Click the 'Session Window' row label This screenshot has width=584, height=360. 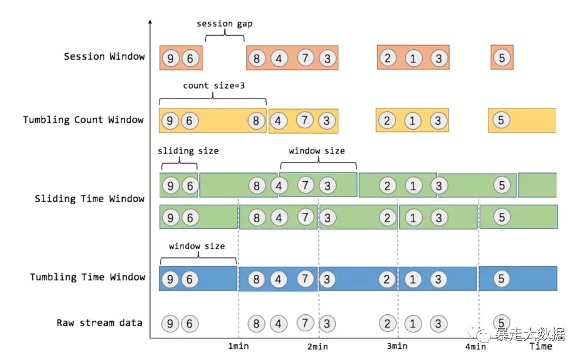click(x=104, y=57)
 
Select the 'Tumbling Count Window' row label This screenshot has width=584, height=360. click(x=83, y=120)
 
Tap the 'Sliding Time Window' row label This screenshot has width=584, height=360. click(x=89, y=199)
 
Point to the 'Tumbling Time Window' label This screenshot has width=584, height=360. click(x=87, y=277)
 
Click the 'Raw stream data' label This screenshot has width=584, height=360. click(x=100, y=323)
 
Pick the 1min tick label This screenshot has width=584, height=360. click(x=238, y=346)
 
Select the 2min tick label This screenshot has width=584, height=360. click(x=317, y=347)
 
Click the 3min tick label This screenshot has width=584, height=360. click(x=397, y=346)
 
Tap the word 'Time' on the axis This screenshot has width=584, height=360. click(x=541, y=346)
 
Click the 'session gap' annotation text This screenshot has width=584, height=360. click(x=225, y=24)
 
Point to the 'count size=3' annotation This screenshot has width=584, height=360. click(x=214, y=86)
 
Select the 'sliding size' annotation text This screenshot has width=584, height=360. click(x=188, y=151)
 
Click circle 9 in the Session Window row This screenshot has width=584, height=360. click(x=170, y=58)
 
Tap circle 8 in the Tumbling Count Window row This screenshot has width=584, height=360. click(x=256, y=121)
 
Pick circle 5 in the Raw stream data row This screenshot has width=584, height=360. click(x=501, y=322)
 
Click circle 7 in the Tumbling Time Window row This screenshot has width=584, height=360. click(x=305, y=278)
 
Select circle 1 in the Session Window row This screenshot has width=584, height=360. click(x=413, y=58)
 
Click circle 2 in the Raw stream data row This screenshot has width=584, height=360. click(x=387, y=323)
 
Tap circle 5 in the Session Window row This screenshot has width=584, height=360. click(x=501, y=58)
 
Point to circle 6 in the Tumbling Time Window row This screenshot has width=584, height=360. click(x=189, y=279)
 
